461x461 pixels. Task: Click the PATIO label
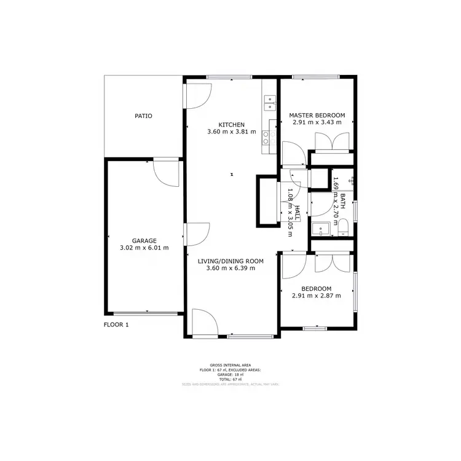[143, 116]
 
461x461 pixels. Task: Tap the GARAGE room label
[144, 240]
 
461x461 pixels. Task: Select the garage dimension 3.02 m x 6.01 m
[144, 248]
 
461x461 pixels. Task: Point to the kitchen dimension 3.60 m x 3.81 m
[232, 132]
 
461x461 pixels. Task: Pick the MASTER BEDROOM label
[317, 115]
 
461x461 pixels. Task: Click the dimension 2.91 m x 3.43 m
[317, 122]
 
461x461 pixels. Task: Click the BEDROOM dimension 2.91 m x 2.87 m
[317, 296]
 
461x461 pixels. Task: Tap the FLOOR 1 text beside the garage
[116, 325]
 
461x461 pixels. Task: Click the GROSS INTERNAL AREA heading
[230, 365]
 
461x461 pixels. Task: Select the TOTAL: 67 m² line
[230, 380]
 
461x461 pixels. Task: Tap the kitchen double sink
[269, 103]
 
